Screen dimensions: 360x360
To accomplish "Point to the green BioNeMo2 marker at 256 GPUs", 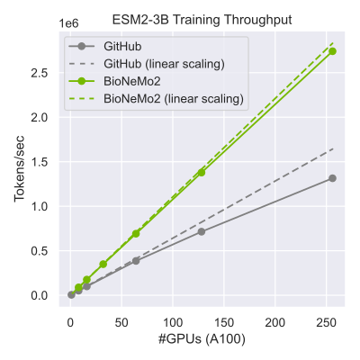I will coord(332,51).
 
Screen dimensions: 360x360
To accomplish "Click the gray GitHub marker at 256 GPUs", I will coord(332,178).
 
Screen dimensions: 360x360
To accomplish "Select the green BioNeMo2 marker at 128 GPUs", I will coord(202,172).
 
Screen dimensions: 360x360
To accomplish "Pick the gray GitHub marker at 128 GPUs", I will coord(202,231).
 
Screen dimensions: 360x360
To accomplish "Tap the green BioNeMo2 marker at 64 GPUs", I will coord(136,233).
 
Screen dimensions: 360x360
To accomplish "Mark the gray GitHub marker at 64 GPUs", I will coord(136,260).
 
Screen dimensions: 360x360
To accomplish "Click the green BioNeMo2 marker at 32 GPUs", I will coord(103,264).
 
